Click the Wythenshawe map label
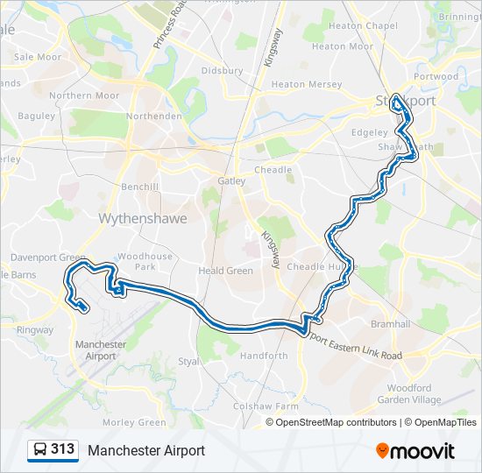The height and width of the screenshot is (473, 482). [x=143, y=218]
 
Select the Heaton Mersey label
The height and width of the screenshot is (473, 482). [x=300, y=84]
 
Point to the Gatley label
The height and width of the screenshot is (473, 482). [x=232, y=181]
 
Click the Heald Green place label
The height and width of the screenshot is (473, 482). [x=226, y=271]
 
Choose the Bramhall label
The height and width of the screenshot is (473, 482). [x=390, y=324]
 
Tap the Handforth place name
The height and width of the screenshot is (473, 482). [x=264, y=356]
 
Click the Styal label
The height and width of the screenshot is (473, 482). [x=188, y=360]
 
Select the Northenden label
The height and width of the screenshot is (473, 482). [x=153, y=116]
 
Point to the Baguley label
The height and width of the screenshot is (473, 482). [x=36, y=116]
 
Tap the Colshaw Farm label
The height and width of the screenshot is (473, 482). [x=266, y=406]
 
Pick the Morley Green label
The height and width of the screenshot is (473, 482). [x=133, y=422]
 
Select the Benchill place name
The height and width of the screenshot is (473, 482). [x=140, y=187]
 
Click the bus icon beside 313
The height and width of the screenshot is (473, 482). [x=39, y=450]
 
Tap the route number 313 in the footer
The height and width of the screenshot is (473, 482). [x=62, y=449]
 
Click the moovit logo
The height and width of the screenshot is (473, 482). [x=415, y=451]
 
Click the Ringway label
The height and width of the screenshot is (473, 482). [x=35, y=330]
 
